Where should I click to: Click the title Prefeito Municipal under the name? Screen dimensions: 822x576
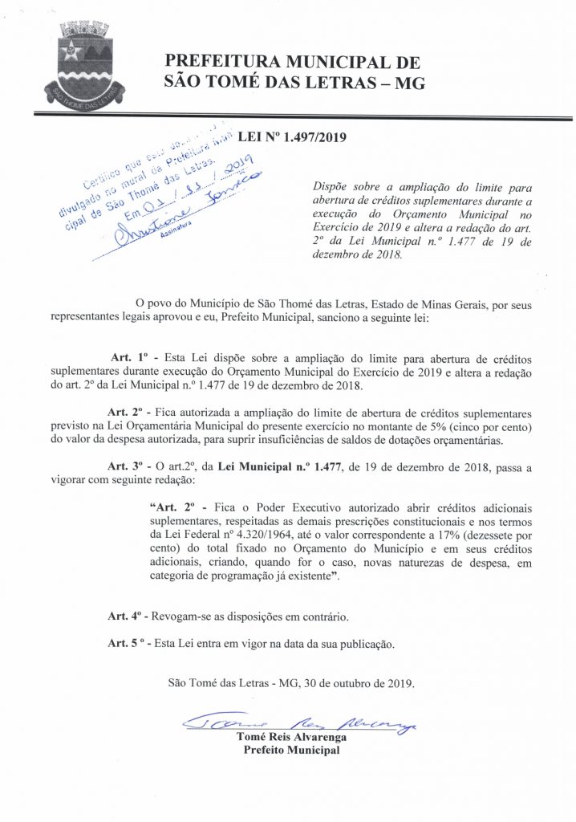(291, 751)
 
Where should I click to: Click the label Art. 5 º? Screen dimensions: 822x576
(128, 643)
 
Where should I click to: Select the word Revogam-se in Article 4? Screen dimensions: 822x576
(183, 616)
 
